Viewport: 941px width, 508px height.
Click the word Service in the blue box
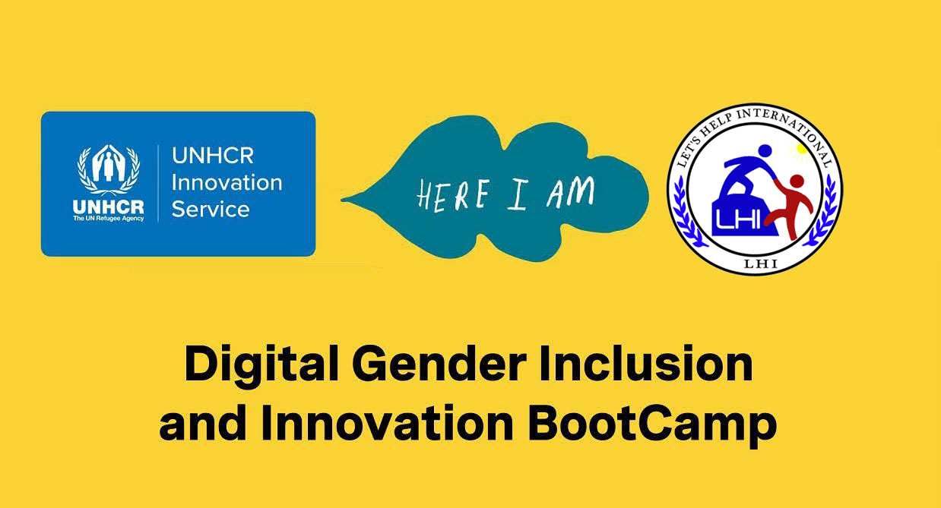211,209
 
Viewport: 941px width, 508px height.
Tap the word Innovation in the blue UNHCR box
227,183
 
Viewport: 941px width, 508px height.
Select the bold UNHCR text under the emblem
108,207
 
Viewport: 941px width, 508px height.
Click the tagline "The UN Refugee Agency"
108,219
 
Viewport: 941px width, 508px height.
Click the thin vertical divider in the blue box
158,183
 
